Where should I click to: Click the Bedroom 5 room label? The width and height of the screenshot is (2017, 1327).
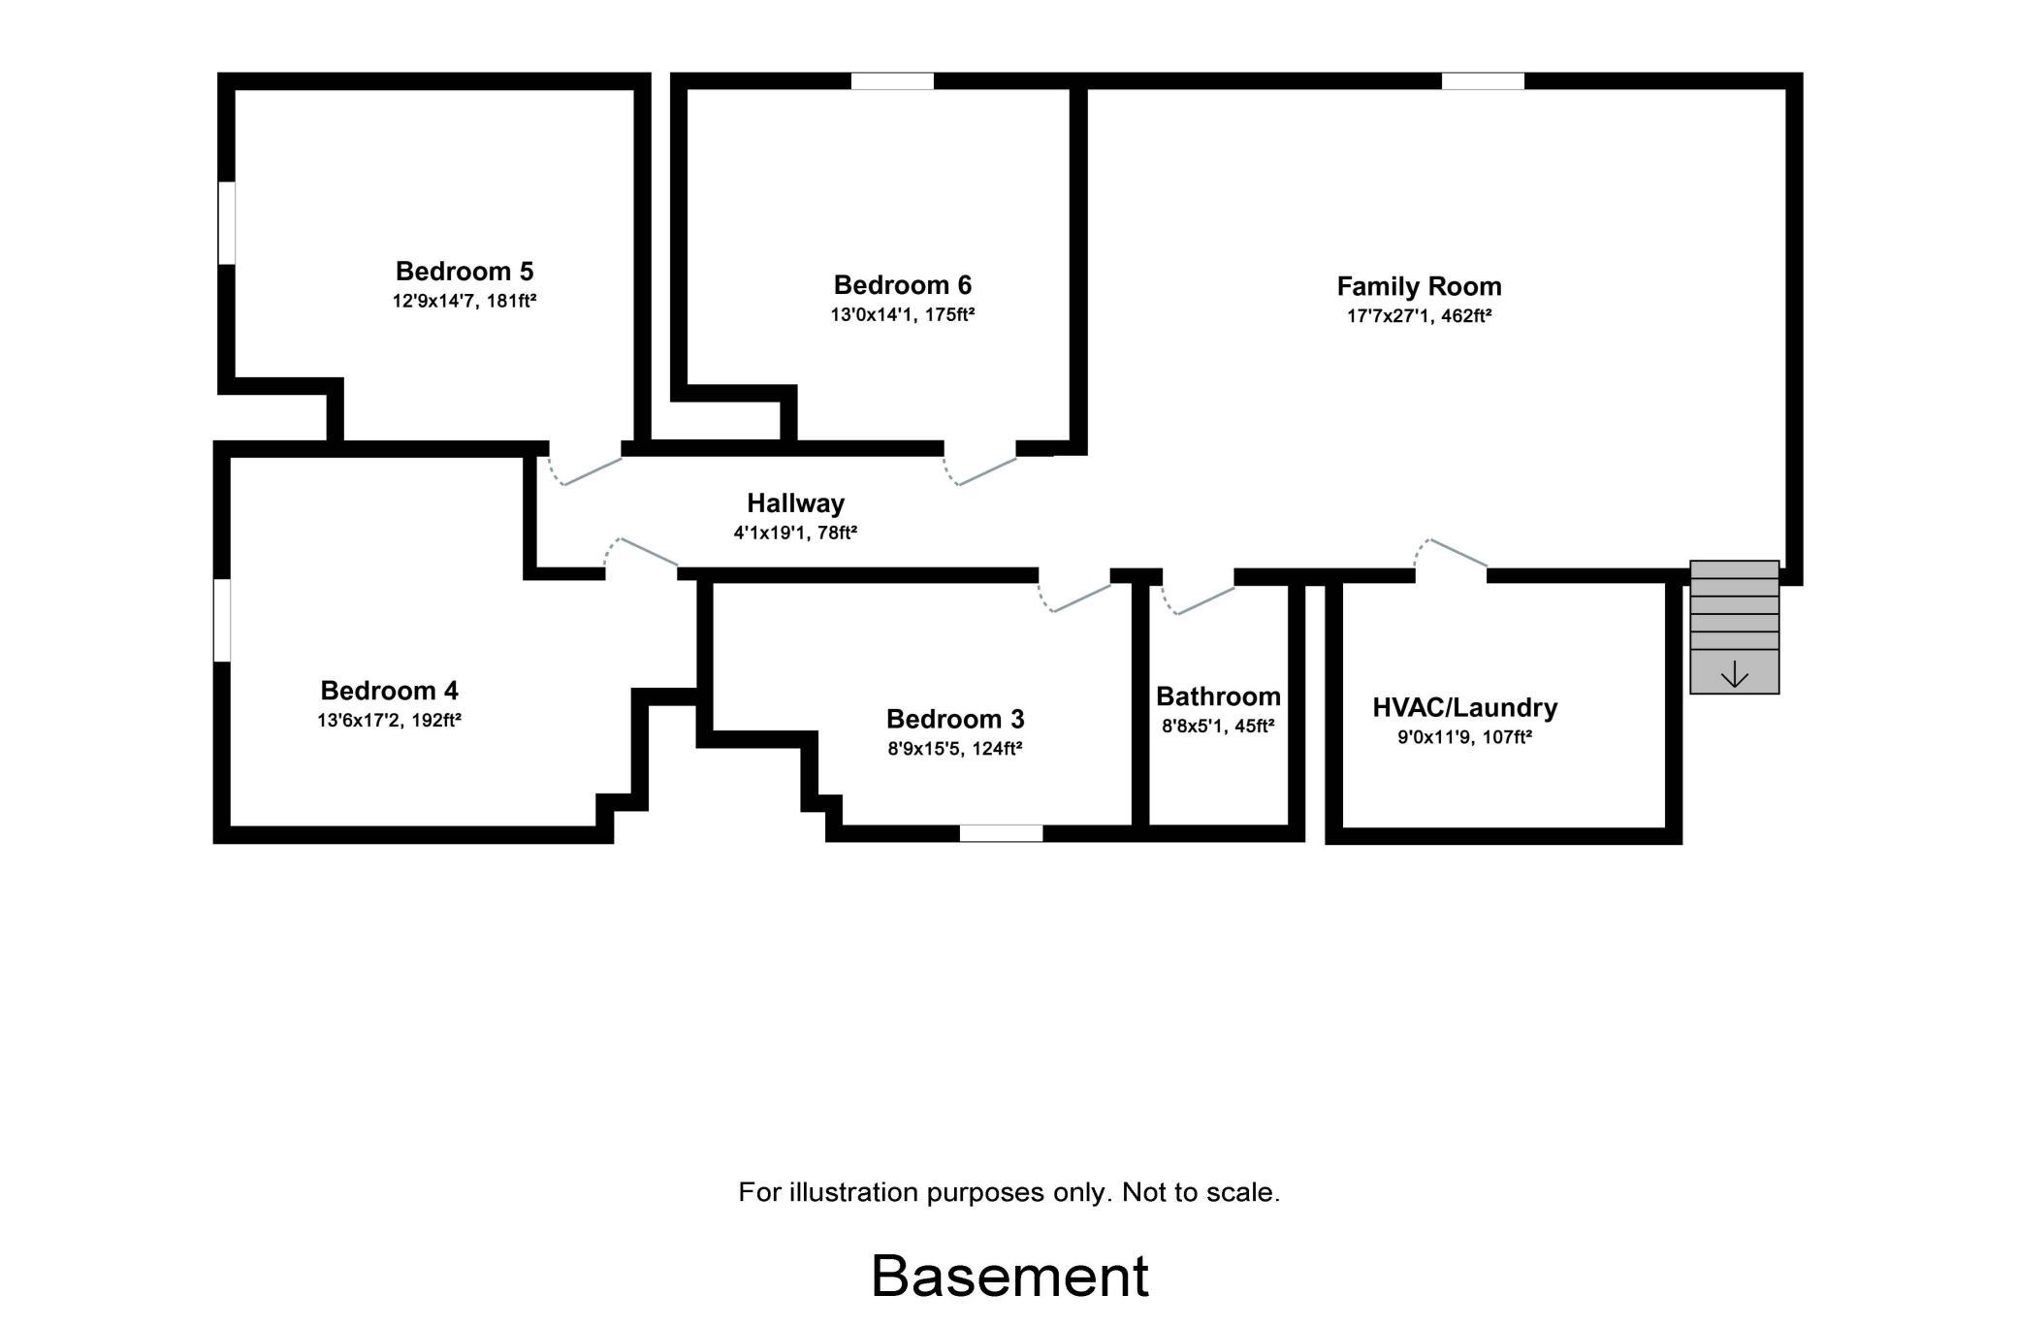click(x=464, y=271)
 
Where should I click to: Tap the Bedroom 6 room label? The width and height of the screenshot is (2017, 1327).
click(x=903, y=285)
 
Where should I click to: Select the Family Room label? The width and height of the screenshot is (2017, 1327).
click(x=1419, y=287)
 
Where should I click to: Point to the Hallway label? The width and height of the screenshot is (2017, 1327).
click(x=795, y=503)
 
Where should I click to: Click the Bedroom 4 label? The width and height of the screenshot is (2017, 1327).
click(x=389, y=691)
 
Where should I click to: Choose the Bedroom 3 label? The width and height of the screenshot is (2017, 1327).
click(x=955, y=719)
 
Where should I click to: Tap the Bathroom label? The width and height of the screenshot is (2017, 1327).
click(x=1218, y=696)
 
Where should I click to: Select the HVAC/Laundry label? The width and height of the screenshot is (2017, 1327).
click(x=1465, y=707)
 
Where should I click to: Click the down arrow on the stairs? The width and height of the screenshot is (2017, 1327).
click(x=1734, y=674)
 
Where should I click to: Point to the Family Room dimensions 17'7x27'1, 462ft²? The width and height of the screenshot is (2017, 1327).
click(x=1419, y=316)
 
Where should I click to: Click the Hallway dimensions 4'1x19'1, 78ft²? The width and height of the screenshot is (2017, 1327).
click(x=795, y=533)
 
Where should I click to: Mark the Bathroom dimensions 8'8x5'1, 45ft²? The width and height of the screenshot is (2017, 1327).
click(x=1218, y=726)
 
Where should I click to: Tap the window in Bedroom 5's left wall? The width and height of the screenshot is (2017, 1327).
click(x=226, y=222)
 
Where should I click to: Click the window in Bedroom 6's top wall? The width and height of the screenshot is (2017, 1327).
click(x=892, y=81)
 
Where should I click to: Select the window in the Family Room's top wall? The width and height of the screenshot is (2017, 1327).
click(x=1483, y=81)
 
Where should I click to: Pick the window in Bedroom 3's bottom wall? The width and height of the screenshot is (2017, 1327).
click(x=1001, y=833)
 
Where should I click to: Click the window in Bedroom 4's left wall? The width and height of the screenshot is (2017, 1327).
click(x=222, y=621)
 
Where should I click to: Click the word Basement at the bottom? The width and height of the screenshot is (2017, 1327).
click(x=1009, y=1276)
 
